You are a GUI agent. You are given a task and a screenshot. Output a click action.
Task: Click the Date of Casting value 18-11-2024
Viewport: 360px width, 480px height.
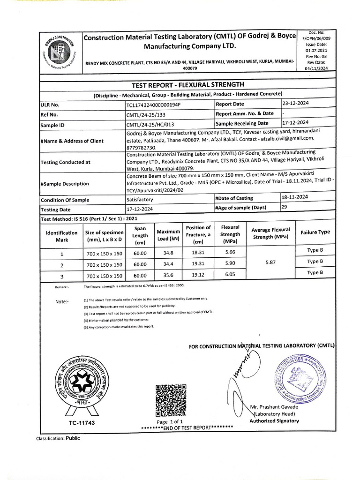click(295, 197)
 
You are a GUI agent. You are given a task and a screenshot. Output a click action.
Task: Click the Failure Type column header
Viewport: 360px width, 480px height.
click(315, 232)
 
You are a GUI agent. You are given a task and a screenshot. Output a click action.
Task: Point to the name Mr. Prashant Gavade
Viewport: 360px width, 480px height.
click(274, 406)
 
